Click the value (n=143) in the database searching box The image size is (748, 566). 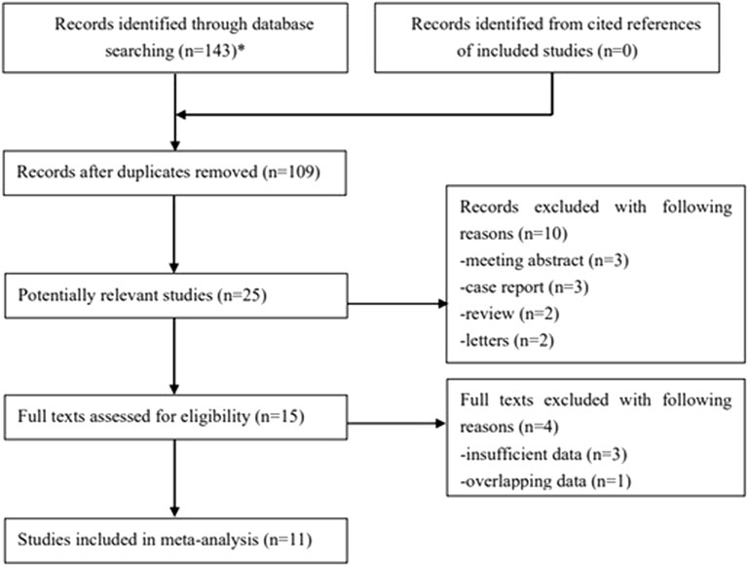pyautogui.click(x=208, y=51)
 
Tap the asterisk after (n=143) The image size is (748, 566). pyautogui.click(x=242, y=47)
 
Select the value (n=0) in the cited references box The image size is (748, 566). pyautogui.click(x=617, y=51)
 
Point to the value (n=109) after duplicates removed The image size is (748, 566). pyautogui.click(x=291, y=171)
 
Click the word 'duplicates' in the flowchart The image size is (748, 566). pyautogui.click(x=154, y=171)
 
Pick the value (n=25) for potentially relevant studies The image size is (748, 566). pyautogui.click(x=242, y=295)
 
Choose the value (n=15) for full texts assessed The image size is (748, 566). pyautogui.click(x=280, y=417)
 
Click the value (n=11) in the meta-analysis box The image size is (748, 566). pyautogui.click(x=287, y=540)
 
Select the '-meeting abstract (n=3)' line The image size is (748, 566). pyautogui.click(x=544, y=260)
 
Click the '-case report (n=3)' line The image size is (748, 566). pyautogui.click(x=524, y=287)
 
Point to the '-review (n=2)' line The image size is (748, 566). pyautogui.click(x=509, y=314)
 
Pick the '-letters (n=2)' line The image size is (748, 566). pyautogui.click(x=507, y=341)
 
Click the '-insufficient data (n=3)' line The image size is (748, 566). pyautogui.click(x=543, y=454)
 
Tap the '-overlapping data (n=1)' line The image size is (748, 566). pyautogui.click(x=545, y=481)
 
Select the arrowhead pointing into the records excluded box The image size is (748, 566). pyautogui.click(x=443, y=304)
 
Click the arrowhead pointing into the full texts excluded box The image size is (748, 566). pyautogui.click(x=440, y=424)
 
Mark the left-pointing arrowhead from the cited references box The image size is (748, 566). pyautogui.click(x=181, y=115)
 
